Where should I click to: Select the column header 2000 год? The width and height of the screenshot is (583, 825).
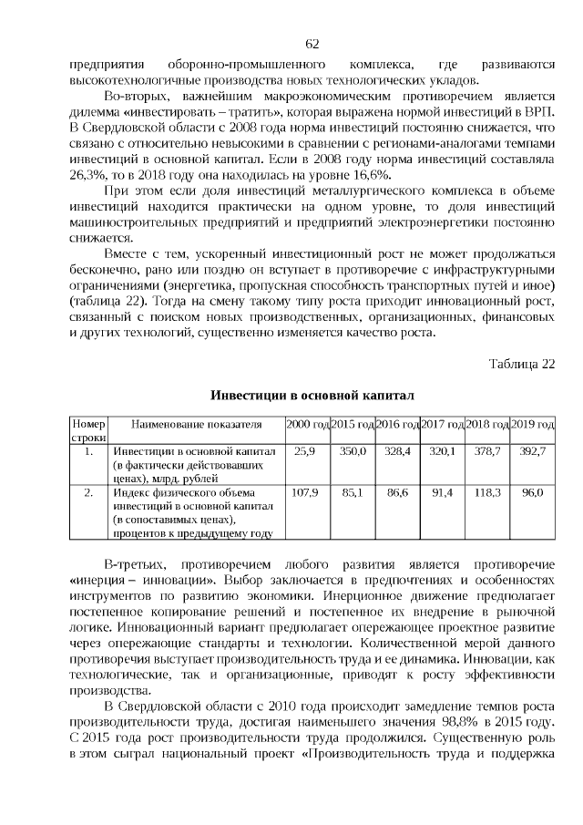[x=307, y=425]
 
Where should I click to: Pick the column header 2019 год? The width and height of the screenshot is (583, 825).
[x=533, y=425]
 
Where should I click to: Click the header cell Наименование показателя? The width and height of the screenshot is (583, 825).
[x=197, y=425]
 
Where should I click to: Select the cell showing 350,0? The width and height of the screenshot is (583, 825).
[x=352, y=451]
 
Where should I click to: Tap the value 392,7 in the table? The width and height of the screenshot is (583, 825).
[x=533, y=451]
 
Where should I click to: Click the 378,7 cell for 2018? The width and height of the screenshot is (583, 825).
[x=487, y=451]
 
